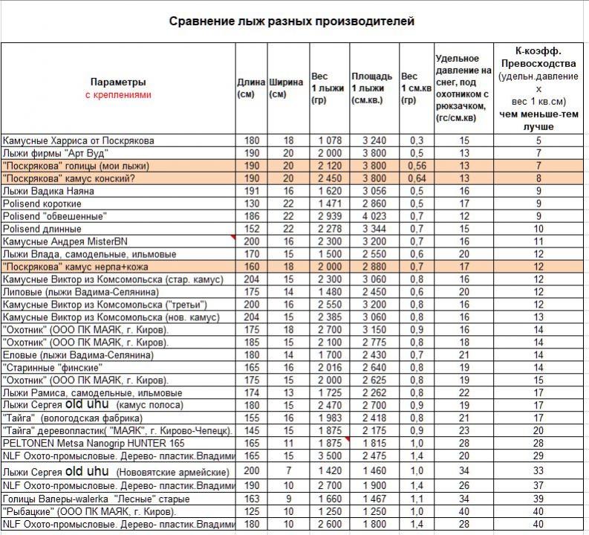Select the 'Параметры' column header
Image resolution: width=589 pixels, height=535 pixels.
pos(118,82)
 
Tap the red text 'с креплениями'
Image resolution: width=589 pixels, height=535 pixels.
pos(118,94)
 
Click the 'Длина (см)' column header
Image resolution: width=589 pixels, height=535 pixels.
pos(251,88)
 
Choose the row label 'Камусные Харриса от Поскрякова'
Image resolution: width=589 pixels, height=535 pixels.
pos(79,140)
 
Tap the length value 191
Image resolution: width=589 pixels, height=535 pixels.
pos(251,191)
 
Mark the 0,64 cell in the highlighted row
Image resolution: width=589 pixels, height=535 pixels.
pos(415,178)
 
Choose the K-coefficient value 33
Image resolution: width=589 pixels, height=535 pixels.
pos(538,471)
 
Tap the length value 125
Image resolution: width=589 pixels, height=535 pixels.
pos(251,512)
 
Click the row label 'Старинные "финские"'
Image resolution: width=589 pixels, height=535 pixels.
pos(52,367)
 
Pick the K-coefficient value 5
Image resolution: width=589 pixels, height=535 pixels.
pos(538,140)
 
